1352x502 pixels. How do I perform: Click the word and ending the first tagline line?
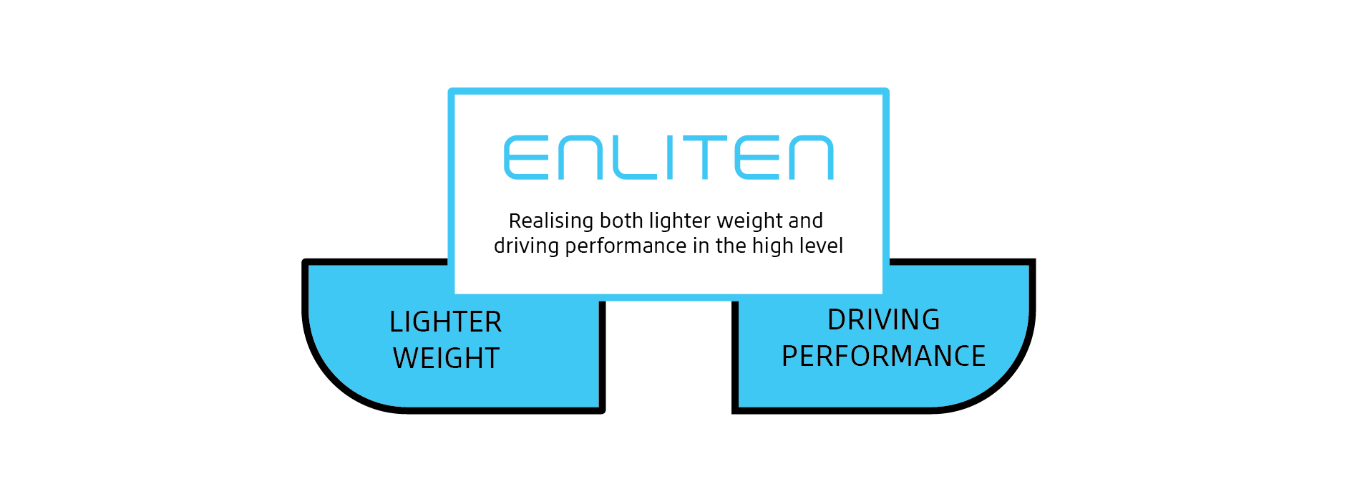coord(805,221)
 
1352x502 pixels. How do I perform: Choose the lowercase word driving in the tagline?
coord(526,246)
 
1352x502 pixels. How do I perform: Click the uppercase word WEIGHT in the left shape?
coord(446,359)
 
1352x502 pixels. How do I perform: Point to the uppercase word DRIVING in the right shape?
coord(883,320)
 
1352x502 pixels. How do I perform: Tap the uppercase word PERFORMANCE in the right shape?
coord(883,357)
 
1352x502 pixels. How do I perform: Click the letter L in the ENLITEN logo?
coord(634,158)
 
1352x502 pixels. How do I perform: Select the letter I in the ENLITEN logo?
coord(671,158)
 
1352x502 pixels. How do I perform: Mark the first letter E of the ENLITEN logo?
coord(526,158)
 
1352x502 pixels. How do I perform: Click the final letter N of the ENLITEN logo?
coord(811,158)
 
